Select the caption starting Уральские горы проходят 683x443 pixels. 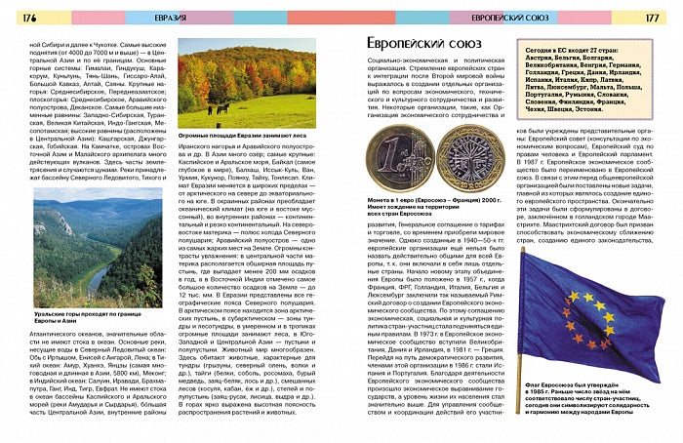coord(89,320)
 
